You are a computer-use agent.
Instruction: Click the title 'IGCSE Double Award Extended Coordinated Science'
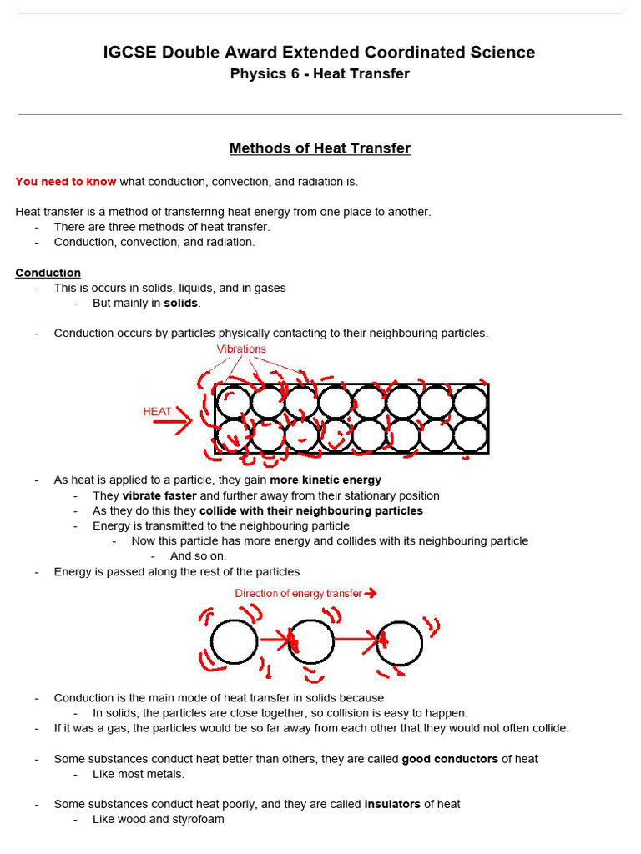tap(320, 53)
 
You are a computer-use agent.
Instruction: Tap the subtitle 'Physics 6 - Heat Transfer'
tap(320, 73)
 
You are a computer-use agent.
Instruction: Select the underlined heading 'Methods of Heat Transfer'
tap(320, 148)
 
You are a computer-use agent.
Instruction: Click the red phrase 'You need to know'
tap(66, 181)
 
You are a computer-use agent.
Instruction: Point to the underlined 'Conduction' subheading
tap(48, 273)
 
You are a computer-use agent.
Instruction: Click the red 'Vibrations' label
tap(241, 349)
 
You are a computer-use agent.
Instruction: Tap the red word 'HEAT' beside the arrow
tap(157, 412)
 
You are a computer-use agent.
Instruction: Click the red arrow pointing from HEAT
tap(172, 422)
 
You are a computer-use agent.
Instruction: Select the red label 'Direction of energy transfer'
tap(298, 594)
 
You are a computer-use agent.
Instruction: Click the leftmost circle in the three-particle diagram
tap(235, 642)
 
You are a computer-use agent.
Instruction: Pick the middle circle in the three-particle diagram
tap(311, 642)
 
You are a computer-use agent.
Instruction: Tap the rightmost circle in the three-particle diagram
tap(400, 642)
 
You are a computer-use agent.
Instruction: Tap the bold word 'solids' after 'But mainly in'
tap(181, 303)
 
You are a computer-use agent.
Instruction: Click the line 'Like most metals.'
tap(139, 774)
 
